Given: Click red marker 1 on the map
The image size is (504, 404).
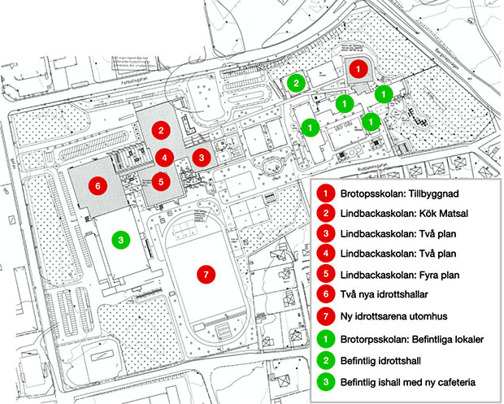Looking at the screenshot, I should (358, 70).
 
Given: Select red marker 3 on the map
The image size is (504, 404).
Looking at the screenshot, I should (202, 157).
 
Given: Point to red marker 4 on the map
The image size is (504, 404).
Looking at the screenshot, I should (164, 158).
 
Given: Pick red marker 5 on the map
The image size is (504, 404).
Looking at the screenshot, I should (161, 182).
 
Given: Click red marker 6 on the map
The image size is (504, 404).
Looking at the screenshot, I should (98, 185).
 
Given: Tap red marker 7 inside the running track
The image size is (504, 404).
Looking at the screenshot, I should (206, 275).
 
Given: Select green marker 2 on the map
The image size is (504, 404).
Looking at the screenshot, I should (297, 83).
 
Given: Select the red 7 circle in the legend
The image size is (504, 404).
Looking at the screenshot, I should (324, 315).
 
